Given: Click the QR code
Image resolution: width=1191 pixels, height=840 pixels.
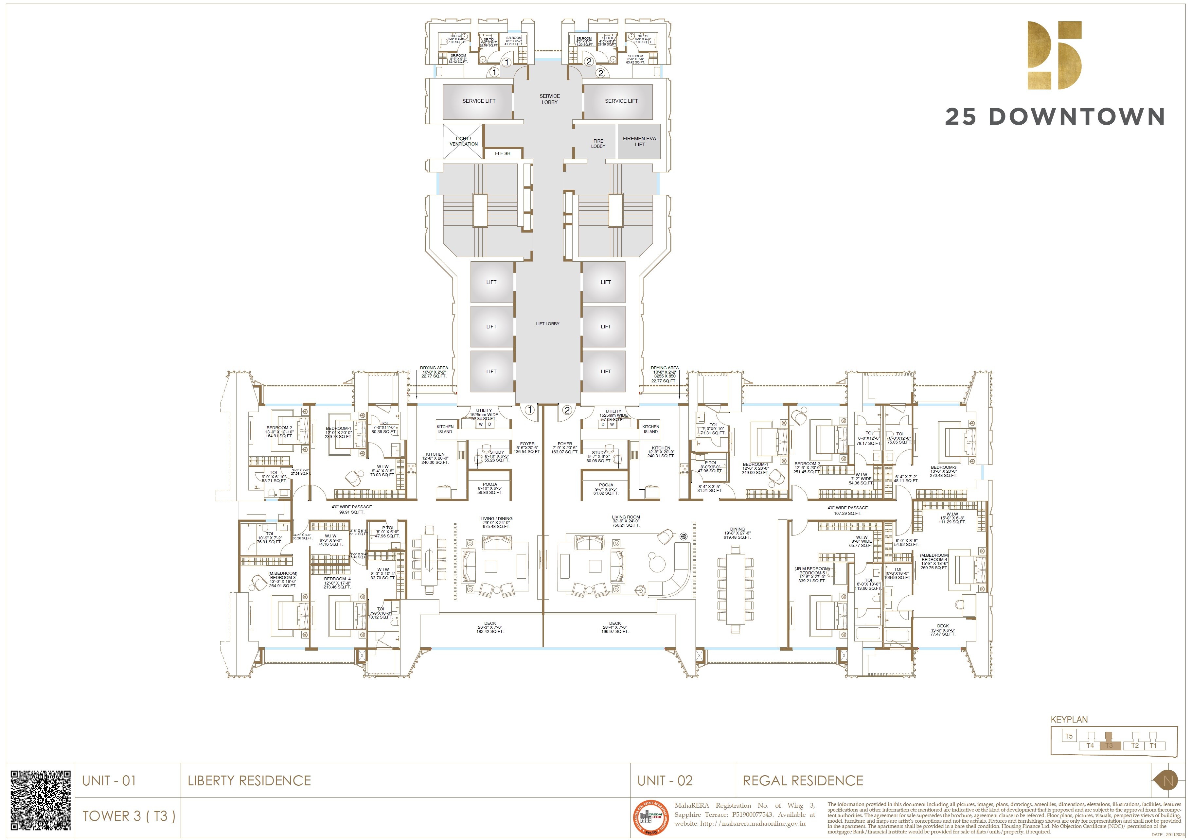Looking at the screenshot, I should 41,800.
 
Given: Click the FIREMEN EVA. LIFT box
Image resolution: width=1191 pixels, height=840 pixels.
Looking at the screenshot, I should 639,141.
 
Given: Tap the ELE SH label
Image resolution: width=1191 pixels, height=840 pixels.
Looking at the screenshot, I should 502,153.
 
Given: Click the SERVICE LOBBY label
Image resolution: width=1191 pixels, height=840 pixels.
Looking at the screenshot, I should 549,99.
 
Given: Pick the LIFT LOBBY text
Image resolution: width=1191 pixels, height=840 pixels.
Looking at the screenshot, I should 547,324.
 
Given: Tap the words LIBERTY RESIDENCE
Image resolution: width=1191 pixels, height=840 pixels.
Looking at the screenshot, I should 249,780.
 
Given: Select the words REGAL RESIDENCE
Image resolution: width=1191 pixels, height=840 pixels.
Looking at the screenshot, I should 803,780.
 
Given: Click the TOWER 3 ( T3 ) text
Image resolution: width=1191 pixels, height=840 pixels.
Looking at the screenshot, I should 129,815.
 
